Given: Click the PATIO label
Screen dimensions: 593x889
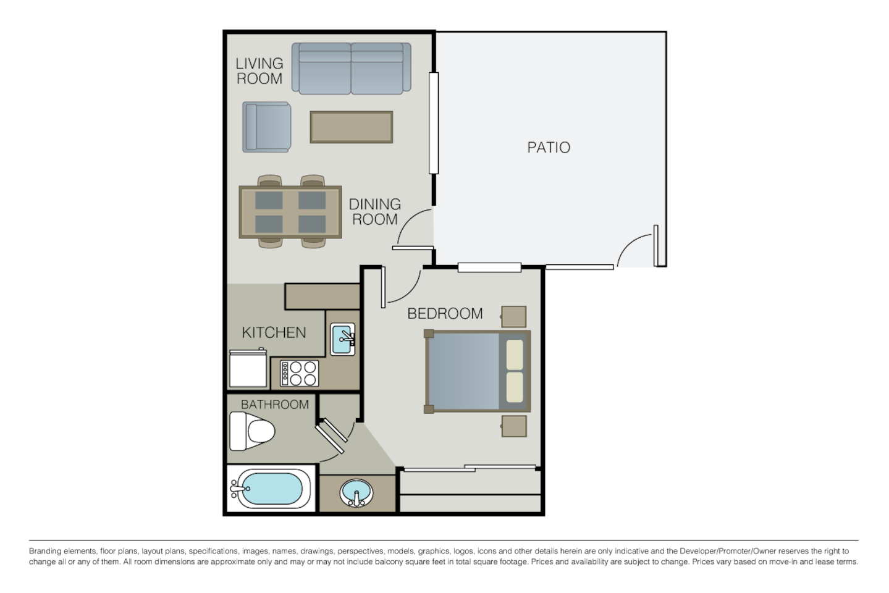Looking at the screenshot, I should [x=548, y=148].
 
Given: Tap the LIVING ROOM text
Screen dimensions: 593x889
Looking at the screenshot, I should [x=259, y=71].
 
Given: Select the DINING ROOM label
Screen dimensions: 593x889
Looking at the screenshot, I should [x=374, y=211].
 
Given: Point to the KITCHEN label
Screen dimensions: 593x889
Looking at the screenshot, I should [x=274, y=332].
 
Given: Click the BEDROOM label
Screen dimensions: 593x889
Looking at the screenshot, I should [x=445, y=313].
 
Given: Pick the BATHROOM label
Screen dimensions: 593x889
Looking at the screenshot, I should [x=274, y=405].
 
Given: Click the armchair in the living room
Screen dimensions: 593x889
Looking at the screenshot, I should [x=266, y=127].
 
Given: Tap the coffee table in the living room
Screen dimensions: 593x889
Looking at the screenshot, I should [x=351, y=127].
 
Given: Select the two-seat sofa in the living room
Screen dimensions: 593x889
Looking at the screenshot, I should [x=351, y=68].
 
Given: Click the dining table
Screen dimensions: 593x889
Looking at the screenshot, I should [x=290, y=211].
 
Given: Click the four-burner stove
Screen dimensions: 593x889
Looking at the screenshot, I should [x=300, y=373].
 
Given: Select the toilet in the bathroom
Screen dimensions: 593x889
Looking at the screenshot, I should [x=251, y=431].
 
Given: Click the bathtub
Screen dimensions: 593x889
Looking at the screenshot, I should [x=272, y=488].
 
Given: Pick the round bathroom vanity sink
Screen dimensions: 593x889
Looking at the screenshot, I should [x=356, y=494].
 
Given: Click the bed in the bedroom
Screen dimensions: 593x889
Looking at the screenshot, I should [x=477, y=372].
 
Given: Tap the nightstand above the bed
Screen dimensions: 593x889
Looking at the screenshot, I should [x=513, y=316].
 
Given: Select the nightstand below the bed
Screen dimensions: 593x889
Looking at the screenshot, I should [x=513, y=426].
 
